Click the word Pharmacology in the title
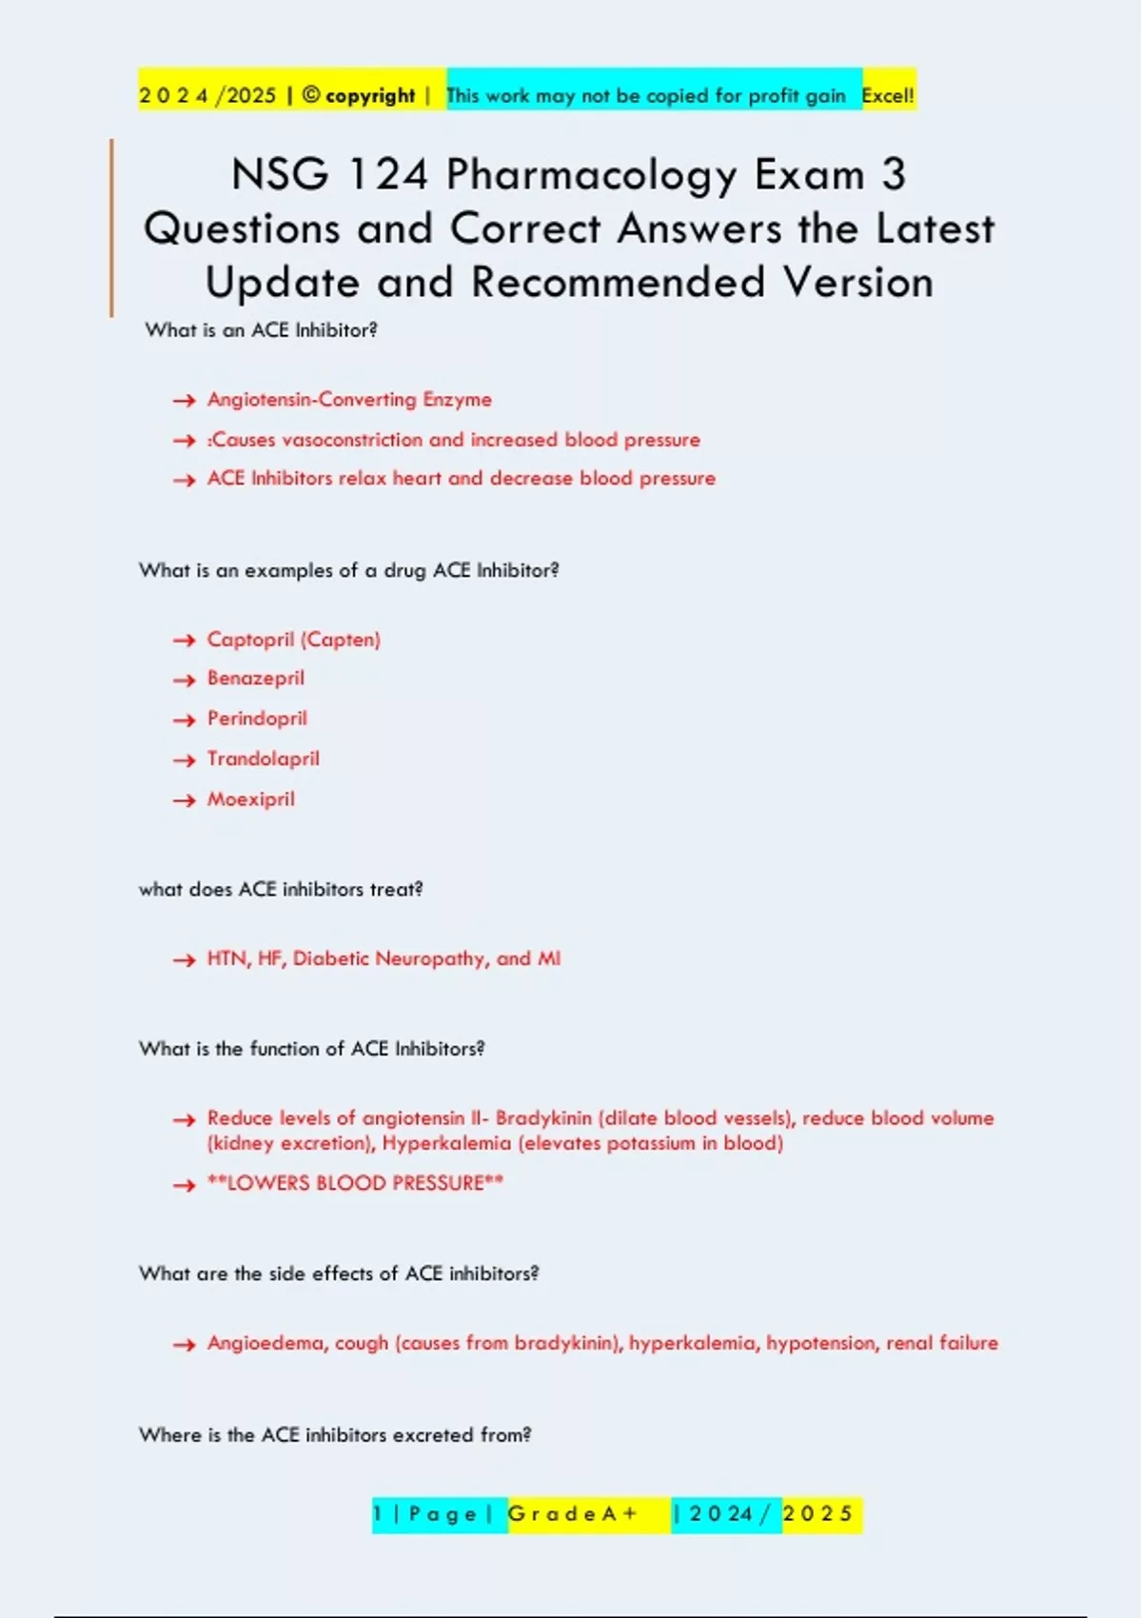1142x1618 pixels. (591, 176)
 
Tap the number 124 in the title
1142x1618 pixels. (388, 175)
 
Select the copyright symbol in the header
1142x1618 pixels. (311, 95)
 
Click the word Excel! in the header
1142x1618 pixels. (888, 95)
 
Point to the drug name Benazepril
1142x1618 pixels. (256, 679)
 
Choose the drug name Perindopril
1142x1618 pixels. (257, 719)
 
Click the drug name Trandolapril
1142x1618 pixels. (264, 759)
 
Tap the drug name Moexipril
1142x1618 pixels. (251, 799)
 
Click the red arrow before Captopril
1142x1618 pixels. (184, 641)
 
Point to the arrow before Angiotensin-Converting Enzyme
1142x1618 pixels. (184, 401)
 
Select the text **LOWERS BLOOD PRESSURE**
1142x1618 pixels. (355, 1183)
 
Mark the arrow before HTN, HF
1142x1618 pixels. (184, 960)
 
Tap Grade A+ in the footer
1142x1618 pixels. (572, 1514)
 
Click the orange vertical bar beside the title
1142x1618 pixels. (111, 227)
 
